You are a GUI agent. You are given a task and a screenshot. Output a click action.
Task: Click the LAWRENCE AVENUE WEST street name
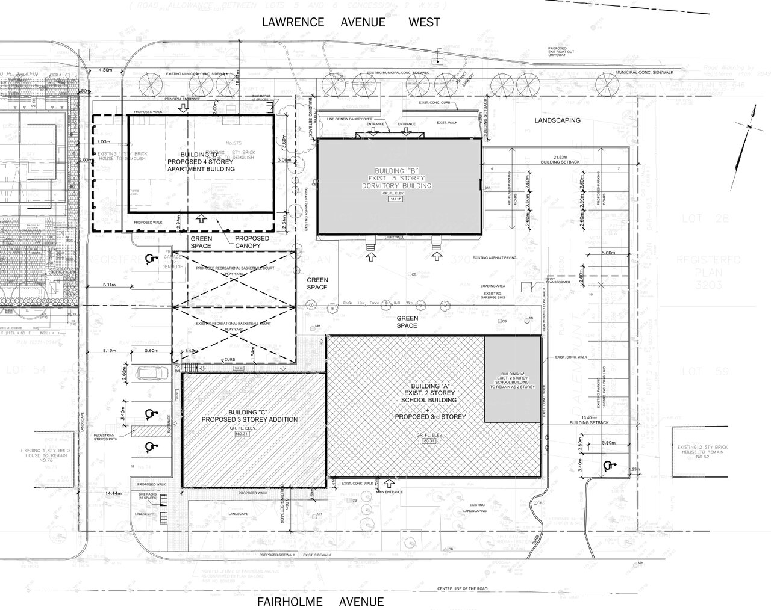point(351,22)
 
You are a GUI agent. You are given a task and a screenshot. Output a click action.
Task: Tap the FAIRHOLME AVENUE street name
point(320,602)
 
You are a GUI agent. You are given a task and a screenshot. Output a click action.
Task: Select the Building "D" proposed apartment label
point(201,162)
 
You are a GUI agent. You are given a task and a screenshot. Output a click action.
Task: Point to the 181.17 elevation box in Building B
point(396,198)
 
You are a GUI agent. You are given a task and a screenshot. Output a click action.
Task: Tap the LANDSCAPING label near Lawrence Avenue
point(557,120)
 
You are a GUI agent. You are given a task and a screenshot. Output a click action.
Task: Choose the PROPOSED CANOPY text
point(252,242)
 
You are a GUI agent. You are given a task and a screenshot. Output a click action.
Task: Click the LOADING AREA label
point(493,286)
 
